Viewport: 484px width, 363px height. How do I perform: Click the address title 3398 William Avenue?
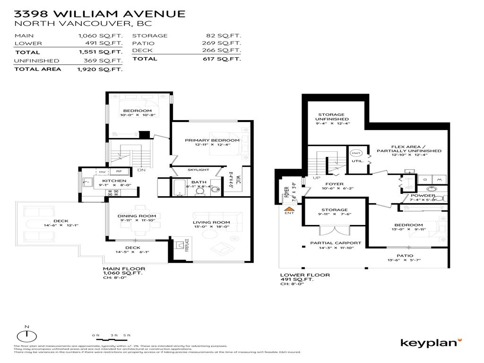click(99, 14)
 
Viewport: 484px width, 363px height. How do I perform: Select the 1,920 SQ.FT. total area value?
click(100, 69)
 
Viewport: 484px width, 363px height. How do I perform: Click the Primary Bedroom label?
click(212, 140)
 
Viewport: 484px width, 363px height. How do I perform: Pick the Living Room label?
click(211, 222)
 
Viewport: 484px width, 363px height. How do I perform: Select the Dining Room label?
click(137, 216)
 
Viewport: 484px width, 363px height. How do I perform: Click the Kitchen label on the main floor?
click(114, 181)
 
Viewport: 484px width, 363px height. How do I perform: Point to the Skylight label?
click(198, 169)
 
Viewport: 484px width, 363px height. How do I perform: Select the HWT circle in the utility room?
click(355, 153)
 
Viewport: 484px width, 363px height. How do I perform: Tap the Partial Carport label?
click(335, 243)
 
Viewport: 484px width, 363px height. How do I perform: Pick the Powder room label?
click(423, 195)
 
